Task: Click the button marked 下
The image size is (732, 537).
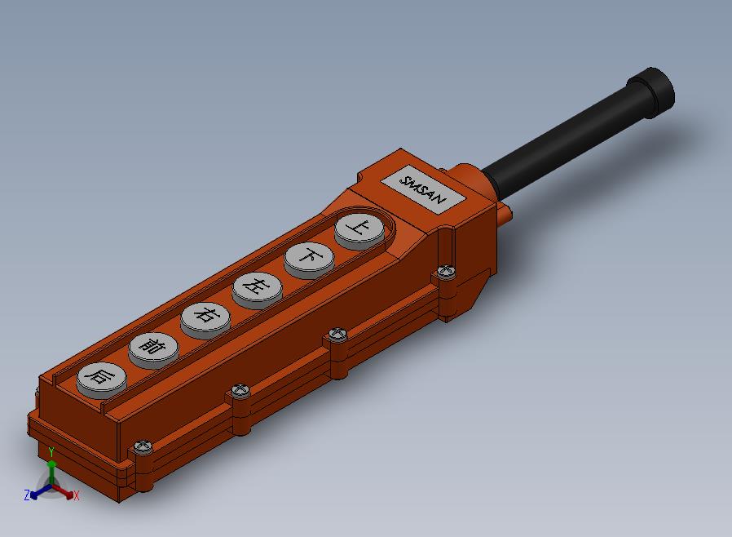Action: (309, 260)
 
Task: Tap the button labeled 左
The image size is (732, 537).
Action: (258, 289)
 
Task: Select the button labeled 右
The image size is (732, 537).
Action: (206, 320)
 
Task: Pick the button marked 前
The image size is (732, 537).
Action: (153, 350)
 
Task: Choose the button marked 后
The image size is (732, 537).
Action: (102, 380)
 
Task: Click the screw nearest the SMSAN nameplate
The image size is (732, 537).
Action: (447, 271)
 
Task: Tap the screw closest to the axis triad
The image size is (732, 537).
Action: (143, 446)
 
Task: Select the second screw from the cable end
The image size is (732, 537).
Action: (337, 334)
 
